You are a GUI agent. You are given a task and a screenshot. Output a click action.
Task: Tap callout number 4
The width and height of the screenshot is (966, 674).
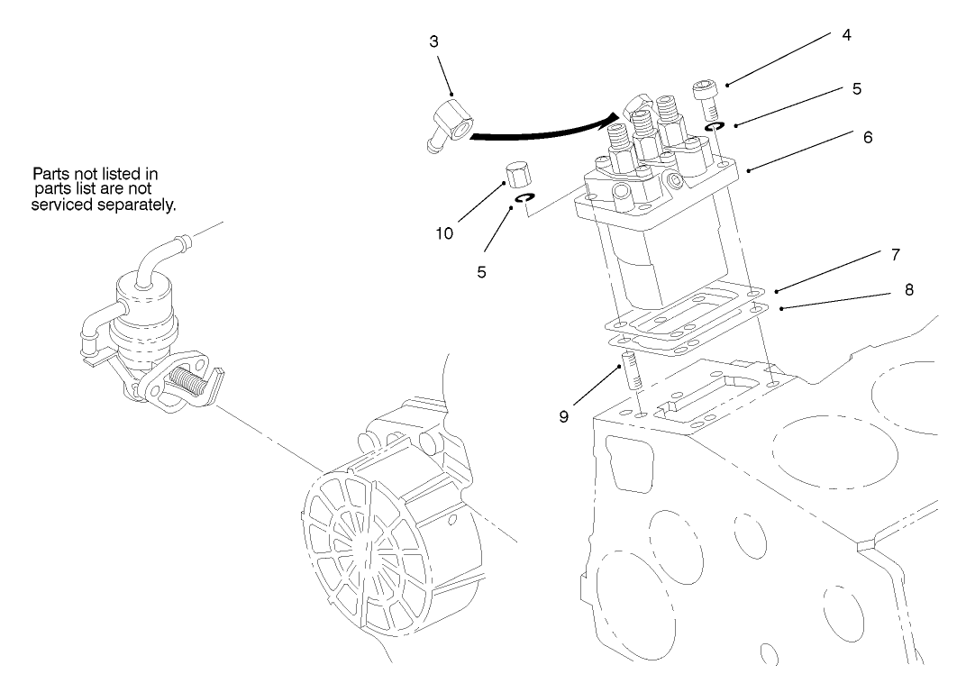[x=846, y=35]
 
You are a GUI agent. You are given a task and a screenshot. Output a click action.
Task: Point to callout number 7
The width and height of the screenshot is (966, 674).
[x=895, y=255]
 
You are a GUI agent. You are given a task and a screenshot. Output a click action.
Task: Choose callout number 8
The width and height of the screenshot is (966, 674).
[x=908, y=289]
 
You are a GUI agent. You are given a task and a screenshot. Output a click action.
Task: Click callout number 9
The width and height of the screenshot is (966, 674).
[x=563, y=418]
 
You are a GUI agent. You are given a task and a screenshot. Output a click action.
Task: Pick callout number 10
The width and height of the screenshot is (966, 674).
[x=443, y=233]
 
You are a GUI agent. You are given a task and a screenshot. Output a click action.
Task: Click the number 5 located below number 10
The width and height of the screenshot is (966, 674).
[x=482, y=271]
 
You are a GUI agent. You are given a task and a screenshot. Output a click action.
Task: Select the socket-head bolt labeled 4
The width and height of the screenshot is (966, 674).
[x=705, y=97]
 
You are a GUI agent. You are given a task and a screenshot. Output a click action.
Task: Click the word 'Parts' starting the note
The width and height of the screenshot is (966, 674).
[x=51, y=173]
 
